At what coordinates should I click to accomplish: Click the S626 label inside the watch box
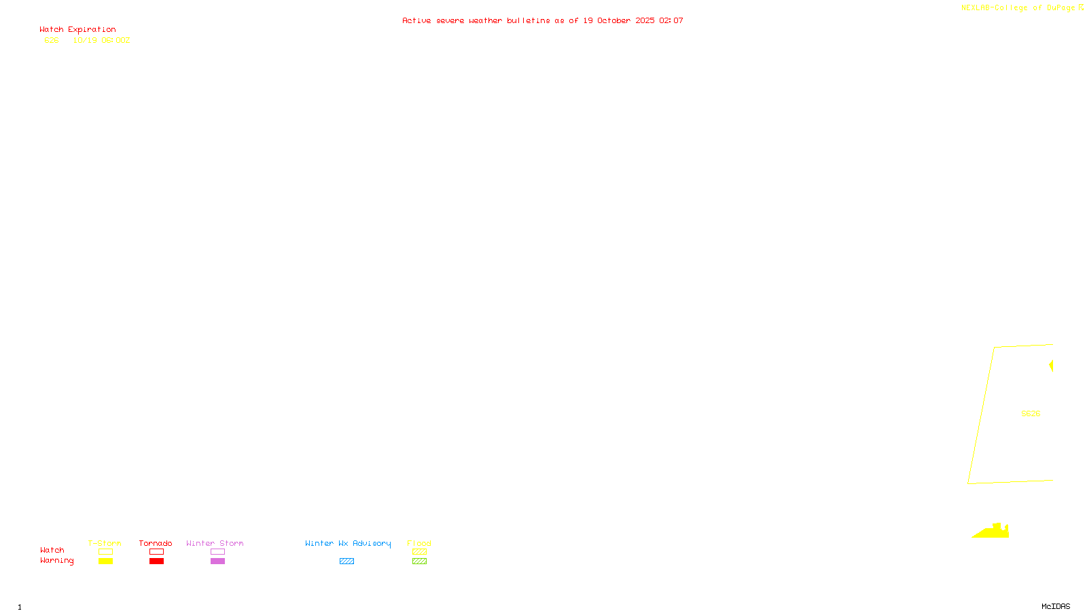[1031, 413]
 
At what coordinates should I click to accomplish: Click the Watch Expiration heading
[77, 30]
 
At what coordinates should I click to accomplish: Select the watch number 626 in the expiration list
[52, 41]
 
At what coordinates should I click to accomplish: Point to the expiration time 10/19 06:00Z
[101, 41]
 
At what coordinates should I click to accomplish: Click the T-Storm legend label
[105, 543]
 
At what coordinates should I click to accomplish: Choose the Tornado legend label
[156, 543]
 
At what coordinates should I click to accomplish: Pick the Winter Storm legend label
[215, 543]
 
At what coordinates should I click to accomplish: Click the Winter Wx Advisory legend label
[348, 543]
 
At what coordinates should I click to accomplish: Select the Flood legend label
[419, 543]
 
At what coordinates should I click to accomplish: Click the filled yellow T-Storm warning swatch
[105, 561]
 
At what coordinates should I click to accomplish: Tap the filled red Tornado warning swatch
[157, 561]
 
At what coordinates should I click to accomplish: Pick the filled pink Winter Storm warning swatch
[217, 561]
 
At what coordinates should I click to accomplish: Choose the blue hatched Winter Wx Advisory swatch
[346, 561]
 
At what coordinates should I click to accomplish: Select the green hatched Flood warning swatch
[419, 561]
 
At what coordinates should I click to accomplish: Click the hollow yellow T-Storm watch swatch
[105, 552]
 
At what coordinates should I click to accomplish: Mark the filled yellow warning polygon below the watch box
[995, 532]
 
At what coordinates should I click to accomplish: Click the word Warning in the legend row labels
[56, 561]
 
